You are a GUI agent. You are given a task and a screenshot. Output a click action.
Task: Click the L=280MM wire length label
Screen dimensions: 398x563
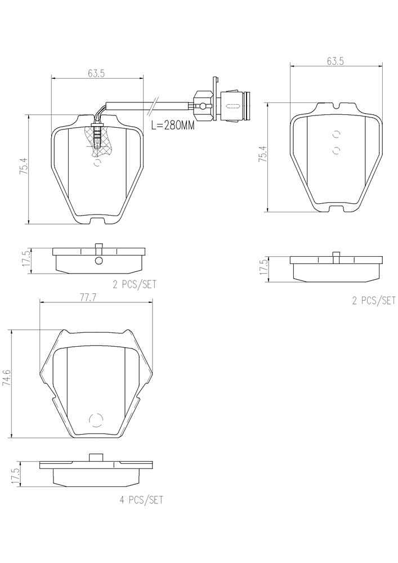click(x=172, y=126)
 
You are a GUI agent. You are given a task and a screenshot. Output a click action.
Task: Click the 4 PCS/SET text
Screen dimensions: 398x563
click(x=141, y=499)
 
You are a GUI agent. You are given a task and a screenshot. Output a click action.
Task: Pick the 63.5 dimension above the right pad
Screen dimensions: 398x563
click(x=335, y=61)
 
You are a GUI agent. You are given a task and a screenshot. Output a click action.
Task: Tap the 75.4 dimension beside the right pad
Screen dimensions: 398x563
click(x=262, y=155)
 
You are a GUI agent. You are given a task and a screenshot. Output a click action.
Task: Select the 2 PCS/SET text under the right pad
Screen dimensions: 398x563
click(x=374, y=301)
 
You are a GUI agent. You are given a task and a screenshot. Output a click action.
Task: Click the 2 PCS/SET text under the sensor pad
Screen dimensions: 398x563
click(x=135, y=284)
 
